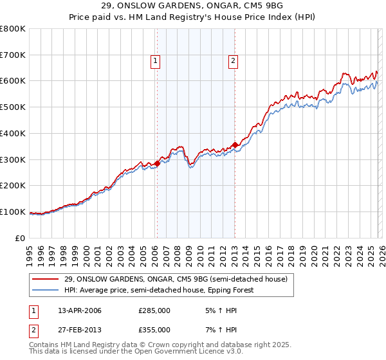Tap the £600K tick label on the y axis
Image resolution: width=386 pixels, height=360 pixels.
[13, 81]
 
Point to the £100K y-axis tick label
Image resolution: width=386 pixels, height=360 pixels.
[13, 212]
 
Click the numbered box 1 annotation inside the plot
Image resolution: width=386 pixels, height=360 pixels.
[156, 61]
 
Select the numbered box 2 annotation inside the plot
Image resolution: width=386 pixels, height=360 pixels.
[232, 61]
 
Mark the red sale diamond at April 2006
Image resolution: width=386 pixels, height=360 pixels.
[157, 164]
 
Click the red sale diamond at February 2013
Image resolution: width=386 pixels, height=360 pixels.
[235, 145]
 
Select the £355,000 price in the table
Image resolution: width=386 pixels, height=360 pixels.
[154, 329]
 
